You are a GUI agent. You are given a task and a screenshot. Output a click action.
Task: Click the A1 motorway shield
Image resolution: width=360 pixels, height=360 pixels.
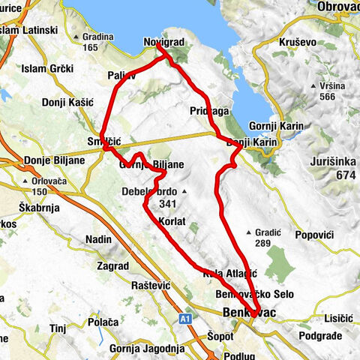(186, 319)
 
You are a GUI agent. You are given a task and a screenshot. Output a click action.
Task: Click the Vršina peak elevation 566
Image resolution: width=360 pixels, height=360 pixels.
(325, 96)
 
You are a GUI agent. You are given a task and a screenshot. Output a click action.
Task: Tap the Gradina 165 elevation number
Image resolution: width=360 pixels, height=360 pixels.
(91, 47)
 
